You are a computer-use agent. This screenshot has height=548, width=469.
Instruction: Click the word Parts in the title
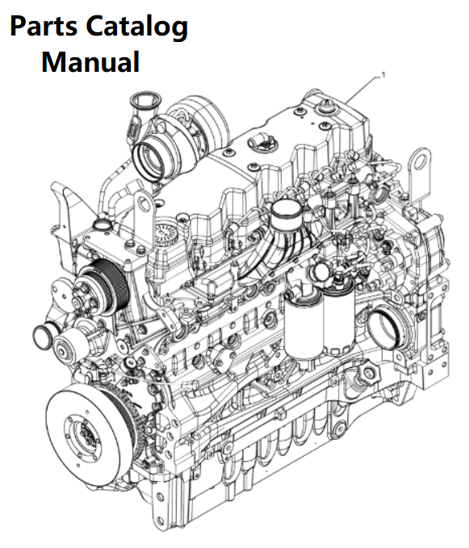coord(44,27)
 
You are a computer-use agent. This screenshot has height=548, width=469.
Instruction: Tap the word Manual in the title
coord(90,61)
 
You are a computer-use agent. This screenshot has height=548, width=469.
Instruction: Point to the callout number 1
coord(383,75)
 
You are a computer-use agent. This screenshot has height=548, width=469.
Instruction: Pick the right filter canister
coord(338,319)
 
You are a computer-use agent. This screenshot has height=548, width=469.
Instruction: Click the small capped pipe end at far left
coord(44,337)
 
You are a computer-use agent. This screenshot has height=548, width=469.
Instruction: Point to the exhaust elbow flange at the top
coord(145,100)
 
